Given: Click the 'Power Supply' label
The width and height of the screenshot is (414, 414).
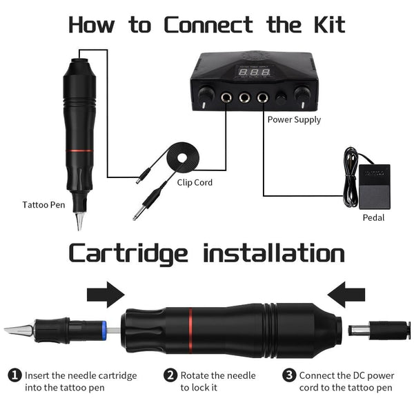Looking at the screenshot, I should [294, 119].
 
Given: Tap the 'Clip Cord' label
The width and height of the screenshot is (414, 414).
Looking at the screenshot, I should [194, 183].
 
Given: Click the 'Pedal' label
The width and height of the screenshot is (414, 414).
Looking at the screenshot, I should [373, 217].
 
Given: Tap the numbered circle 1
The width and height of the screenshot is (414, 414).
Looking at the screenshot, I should [14, 375].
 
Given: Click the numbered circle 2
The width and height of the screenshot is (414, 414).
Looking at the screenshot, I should [170, 375].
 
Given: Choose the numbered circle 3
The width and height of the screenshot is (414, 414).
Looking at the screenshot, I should [288, 375].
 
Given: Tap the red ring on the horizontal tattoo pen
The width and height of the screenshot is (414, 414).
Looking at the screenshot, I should [190, 329].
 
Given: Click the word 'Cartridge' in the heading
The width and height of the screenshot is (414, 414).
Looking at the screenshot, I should [128, 253].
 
